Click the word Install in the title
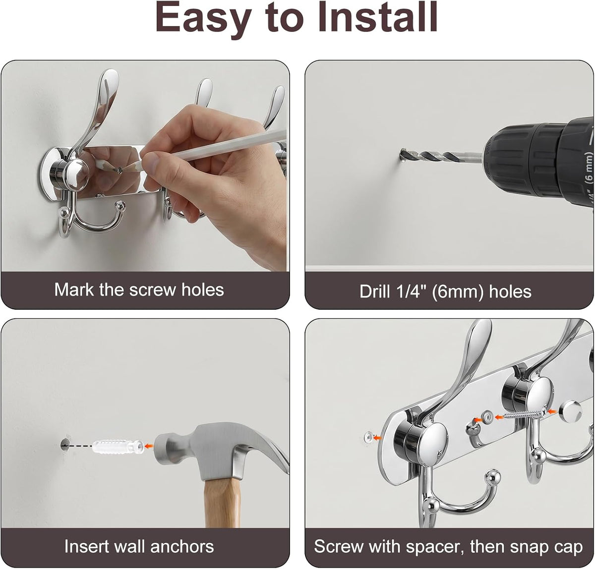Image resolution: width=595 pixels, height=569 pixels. (x=377, y=17)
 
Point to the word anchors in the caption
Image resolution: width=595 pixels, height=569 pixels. (x=182, y=546)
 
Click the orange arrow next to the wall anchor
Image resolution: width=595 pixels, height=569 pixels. (x=149, y=446)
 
